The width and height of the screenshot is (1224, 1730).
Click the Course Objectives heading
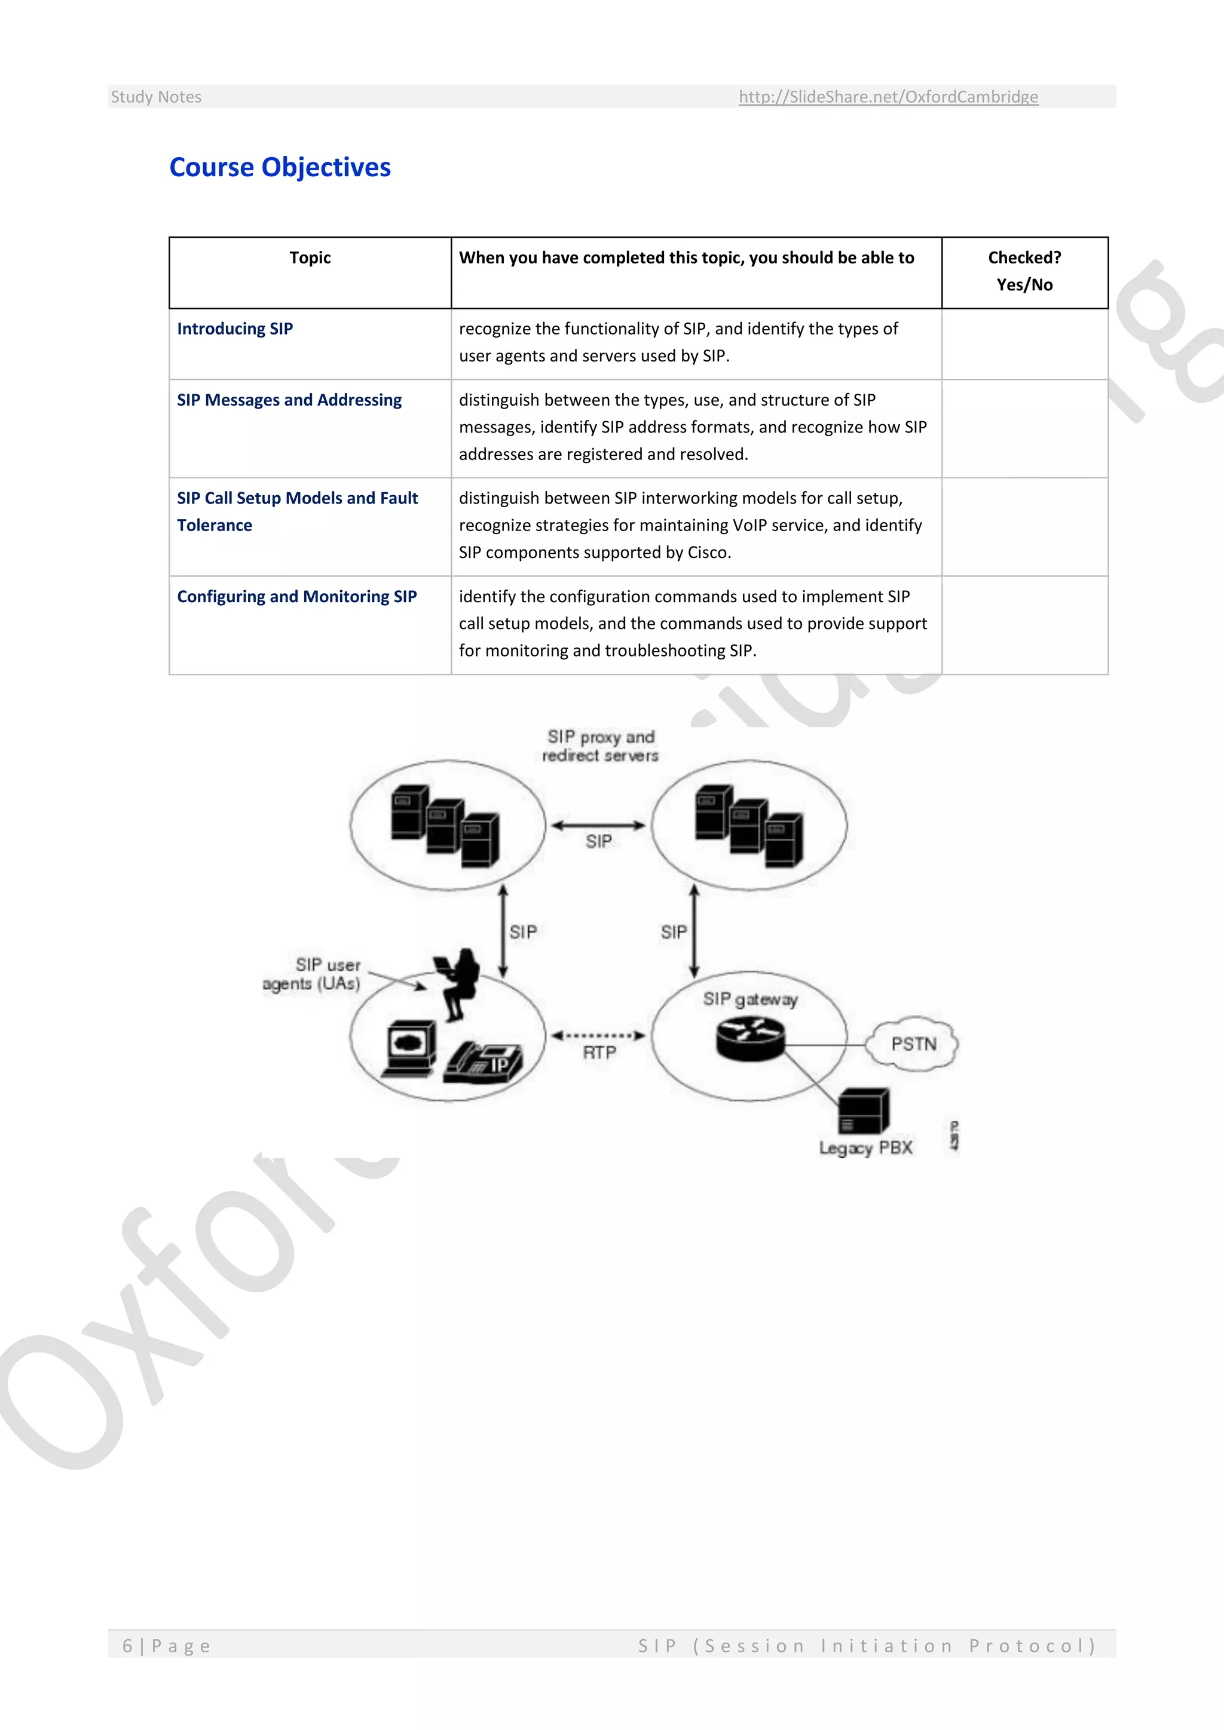coord(280,167)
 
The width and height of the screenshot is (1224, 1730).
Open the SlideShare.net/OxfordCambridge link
coord(888,96)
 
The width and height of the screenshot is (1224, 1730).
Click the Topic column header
coord(310,257)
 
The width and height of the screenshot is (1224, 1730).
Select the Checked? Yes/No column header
coord(1024,271)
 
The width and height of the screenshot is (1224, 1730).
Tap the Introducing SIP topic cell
coord(235,329)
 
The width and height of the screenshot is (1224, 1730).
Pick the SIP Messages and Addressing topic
coord(289,400)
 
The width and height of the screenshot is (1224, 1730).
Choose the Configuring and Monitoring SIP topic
coord(297,597)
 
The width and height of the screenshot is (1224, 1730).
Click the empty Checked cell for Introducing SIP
coord(1024,343)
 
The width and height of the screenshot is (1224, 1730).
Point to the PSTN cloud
coord(913,1044)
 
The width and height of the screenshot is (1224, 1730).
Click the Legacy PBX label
coord(865,1148)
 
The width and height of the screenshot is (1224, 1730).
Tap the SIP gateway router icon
coord(750,1038)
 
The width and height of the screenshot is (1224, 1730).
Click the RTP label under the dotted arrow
coord(599,1053)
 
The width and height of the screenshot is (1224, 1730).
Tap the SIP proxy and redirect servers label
coord(601,746)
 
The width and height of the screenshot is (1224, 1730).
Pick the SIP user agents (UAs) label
coord(312,974)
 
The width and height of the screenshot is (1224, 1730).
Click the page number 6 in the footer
coord(127,1646)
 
